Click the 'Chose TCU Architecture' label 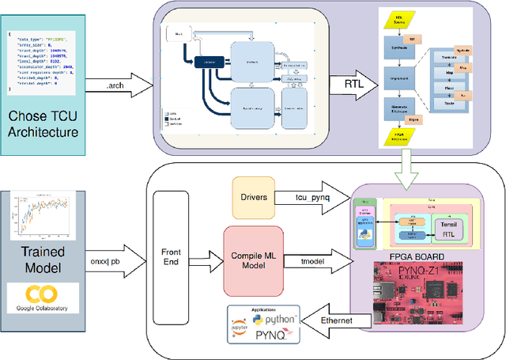pyautogui.click(x=44, y=123)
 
